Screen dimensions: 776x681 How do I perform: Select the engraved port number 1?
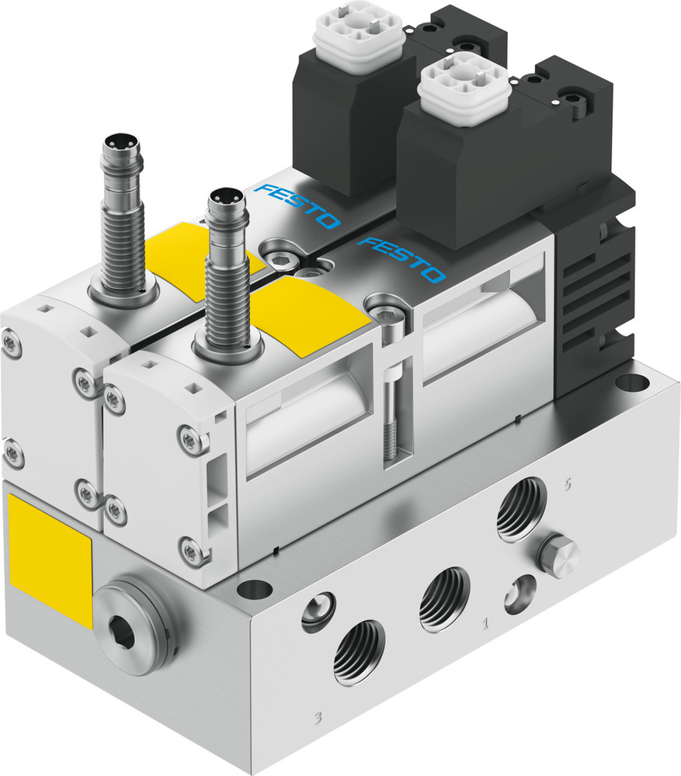tap(487, 621)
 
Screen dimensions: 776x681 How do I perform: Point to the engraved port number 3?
tap(318, 715)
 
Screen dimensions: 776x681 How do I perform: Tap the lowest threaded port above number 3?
tap(358, 653)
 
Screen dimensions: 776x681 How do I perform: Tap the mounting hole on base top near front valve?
tap(254, 589)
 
